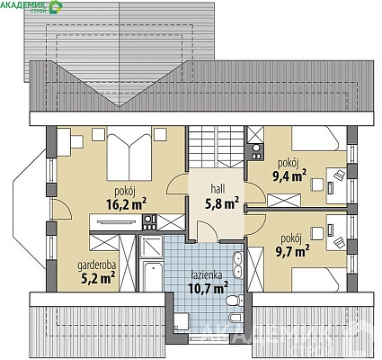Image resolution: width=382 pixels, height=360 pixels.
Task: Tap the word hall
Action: [x=218, y=189]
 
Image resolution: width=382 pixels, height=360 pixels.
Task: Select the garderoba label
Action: [x=97, y=265]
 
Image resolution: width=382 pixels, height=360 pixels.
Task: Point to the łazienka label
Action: [x=207, y=275]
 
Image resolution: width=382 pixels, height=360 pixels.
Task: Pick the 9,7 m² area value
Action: [x=292, y=251]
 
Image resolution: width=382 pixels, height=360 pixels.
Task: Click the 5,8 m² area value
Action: [x=222, y=203]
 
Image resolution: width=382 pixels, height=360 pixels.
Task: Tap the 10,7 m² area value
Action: [x=209, y=288]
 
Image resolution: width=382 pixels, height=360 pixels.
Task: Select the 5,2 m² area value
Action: [x=99, y=278]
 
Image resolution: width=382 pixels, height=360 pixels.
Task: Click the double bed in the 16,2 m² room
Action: [x=129, y=154]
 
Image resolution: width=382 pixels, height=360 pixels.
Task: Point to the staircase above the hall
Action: [x=216, y=147]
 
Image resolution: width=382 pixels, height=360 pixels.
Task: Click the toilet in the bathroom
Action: [x=235, y=300]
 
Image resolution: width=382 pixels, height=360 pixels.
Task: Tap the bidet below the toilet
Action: [x=235, y=318]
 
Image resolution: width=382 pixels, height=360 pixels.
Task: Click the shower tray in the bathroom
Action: [x=151, y=247]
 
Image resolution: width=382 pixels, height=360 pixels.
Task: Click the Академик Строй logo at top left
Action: [x=31, y=6]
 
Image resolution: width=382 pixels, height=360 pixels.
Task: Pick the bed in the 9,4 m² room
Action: [x=315, y=138]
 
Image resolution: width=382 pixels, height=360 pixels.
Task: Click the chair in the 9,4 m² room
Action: [x=317, y=184]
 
